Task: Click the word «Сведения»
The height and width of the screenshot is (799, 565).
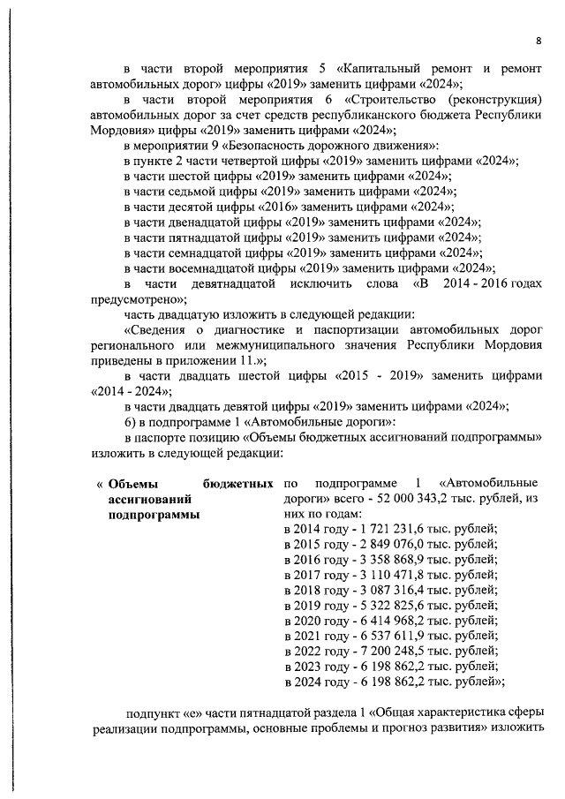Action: [163, 330]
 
